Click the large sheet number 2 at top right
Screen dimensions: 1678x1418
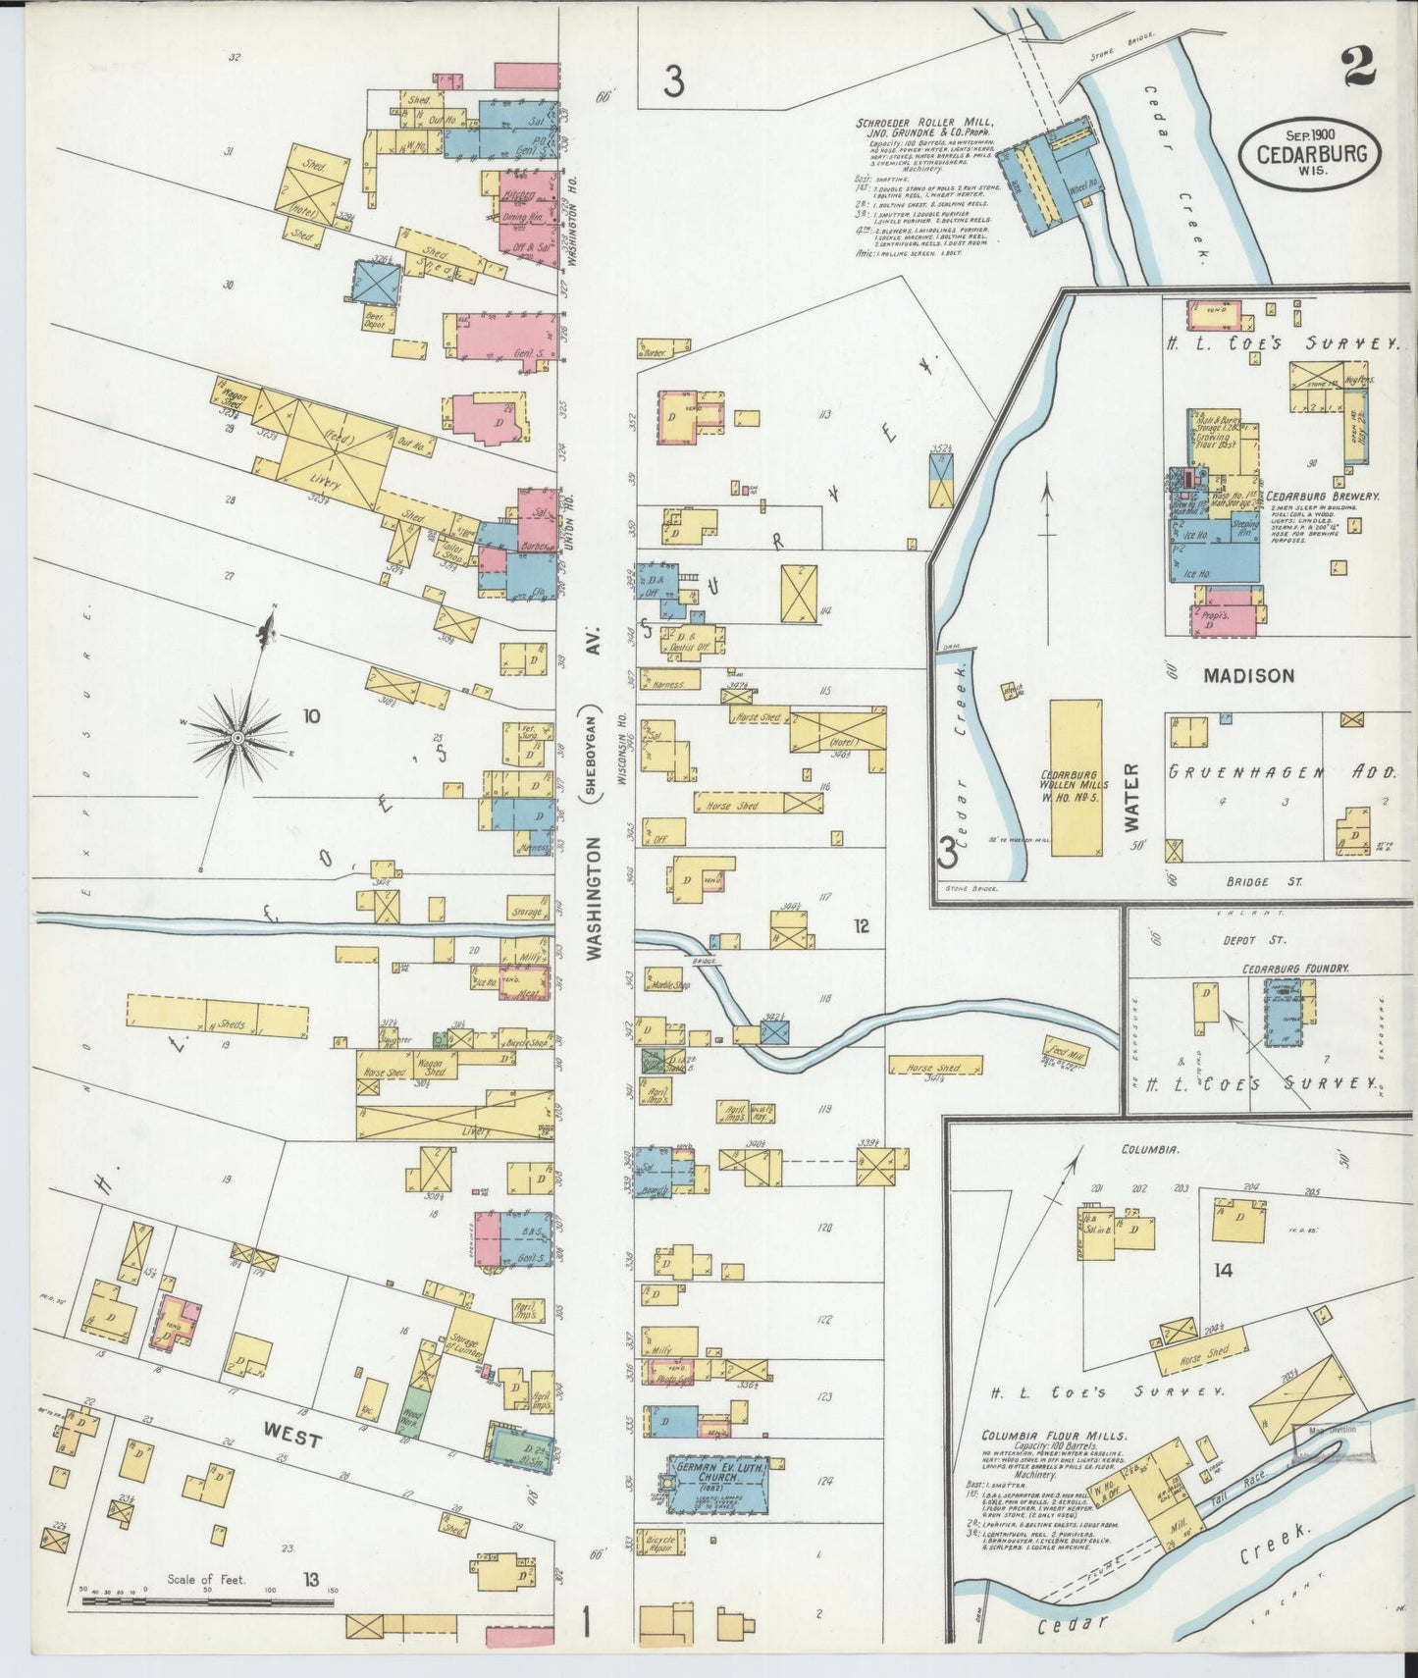pos(1356,69)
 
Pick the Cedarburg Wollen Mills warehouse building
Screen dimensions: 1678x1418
pos(1076,777)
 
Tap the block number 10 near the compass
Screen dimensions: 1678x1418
pos(311,716)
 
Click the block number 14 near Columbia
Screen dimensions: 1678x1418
pos(1223,1271)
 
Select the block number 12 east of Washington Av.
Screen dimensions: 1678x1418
pos(861,925)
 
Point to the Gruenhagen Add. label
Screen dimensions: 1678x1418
pos(1282,772)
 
